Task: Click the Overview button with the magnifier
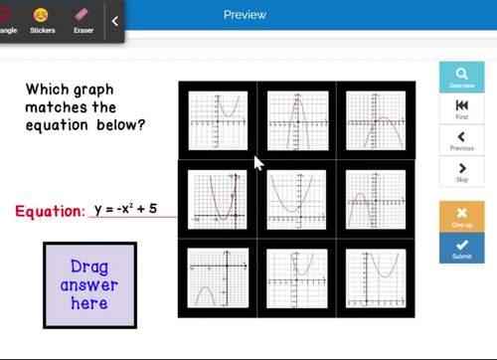(461, 79)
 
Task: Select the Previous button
(461, 138)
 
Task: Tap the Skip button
(461, 170)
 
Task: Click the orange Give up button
(461, 216)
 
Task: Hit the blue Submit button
(461, 248)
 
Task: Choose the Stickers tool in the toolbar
(42, 20)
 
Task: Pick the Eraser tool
(83, 20)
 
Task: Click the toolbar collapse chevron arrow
(114, 21)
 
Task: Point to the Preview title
(245, 14)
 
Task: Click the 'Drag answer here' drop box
(88, 284)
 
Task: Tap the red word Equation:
(50, 211)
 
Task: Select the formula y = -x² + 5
(125, 210)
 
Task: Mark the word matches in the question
(57, 106)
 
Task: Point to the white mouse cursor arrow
(258, 162)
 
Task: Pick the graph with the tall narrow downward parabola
(297, 120)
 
